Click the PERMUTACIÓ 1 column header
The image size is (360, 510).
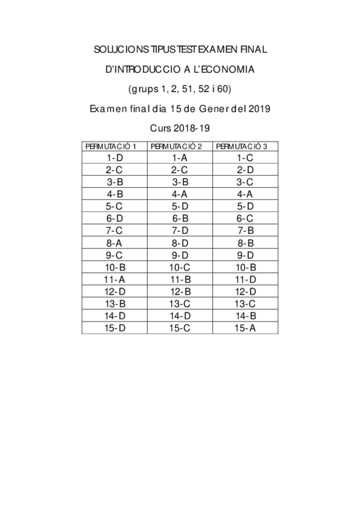pos(114,146)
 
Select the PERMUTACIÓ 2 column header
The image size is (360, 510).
pos(180,146)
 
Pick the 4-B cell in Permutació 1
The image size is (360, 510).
pos(114,194)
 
